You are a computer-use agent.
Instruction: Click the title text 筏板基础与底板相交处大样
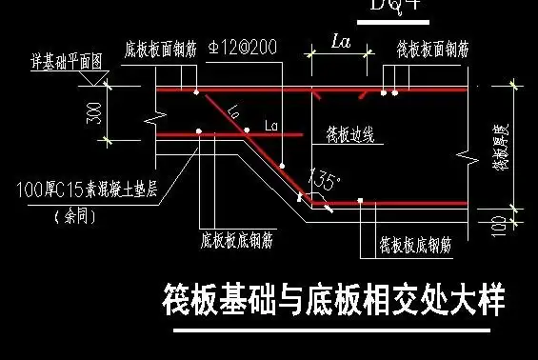coord(333,299)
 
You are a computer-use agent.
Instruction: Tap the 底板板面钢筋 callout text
coord(160,48)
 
